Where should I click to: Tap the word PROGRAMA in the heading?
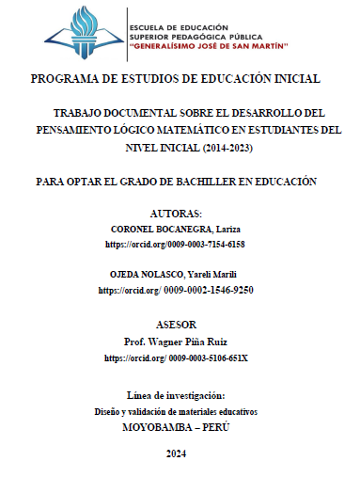pos(65,79)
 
